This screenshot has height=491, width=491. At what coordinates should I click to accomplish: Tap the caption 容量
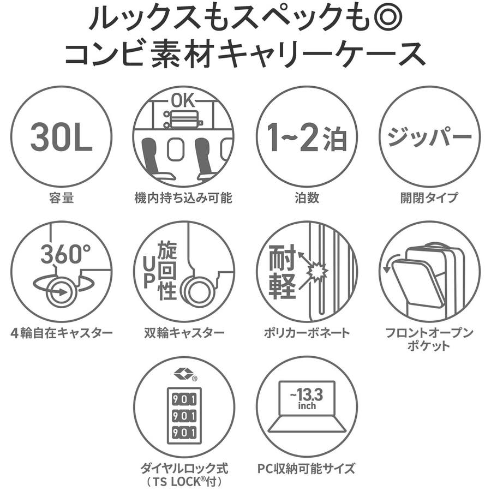tap(61, 197)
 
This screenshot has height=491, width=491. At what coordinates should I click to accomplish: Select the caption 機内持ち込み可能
tap(183, 197)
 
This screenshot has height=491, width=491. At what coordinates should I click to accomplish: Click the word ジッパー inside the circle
tap(429, 136)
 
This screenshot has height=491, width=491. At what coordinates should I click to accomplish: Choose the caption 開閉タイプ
tap(429, 197)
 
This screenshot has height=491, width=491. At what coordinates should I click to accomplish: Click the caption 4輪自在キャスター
tap(61, 332)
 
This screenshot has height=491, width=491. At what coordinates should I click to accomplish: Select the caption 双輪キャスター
tap(183, 332)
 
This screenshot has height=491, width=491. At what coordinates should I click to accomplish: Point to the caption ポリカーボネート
tap(307, 332)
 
